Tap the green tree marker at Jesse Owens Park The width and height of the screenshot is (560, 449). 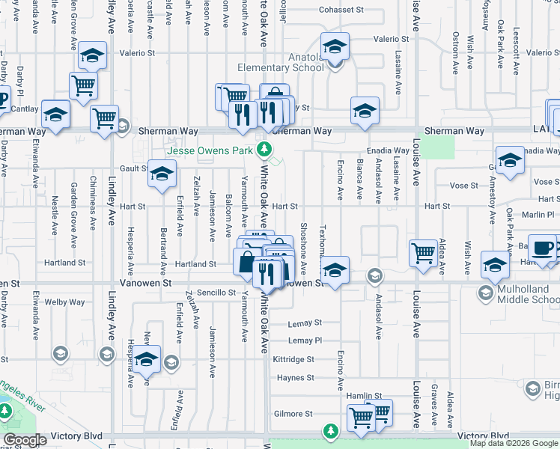[x=264, y=150]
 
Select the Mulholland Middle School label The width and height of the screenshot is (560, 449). [x=528, y=293]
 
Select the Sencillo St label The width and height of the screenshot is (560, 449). [x=216, y=293]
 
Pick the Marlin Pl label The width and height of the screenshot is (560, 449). [x=538, y=214]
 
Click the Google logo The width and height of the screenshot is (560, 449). [x=25, y=440]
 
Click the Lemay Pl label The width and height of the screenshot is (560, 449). [x=305, y=340]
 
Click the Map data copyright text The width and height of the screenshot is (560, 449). [x=514, y=443]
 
